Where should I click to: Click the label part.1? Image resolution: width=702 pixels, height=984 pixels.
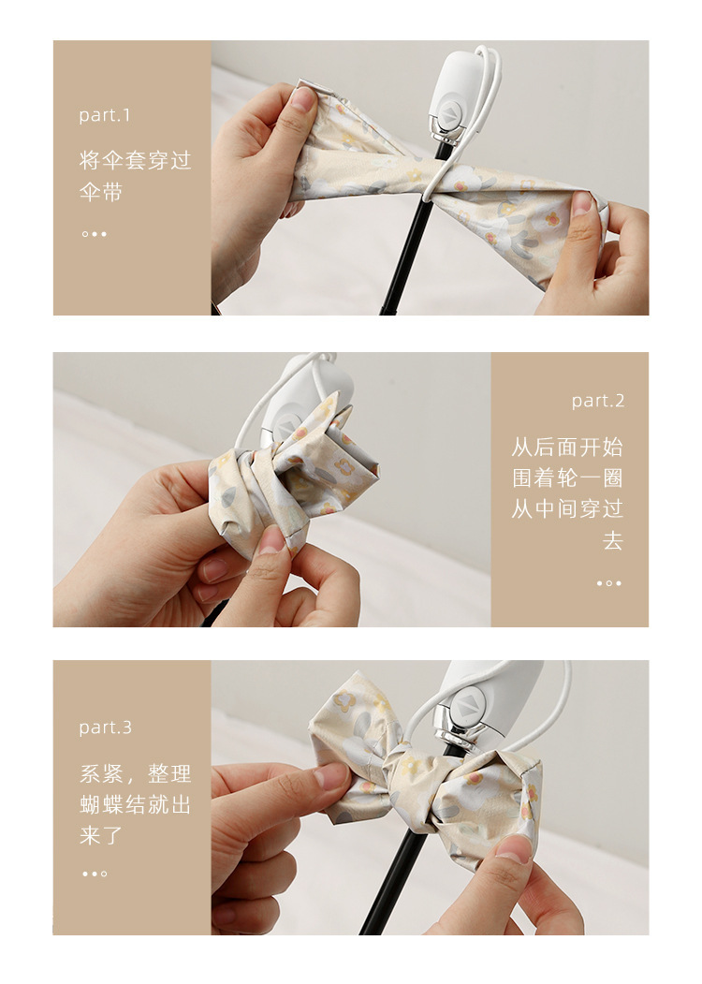pyautogui.click(x=105, y=115)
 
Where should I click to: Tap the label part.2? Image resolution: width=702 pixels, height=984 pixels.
pyautogui.click(x=598, y=401)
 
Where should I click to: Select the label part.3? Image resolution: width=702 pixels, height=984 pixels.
pyautogui.click(x=106, y=727)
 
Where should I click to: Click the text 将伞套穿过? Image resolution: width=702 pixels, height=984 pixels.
pyautogui.click(x=135, y=160)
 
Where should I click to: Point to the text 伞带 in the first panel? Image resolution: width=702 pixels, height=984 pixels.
pyautogui.click(x=101, y=191)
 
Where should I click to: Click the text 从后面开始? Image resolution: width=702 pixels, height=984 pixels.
pyautogui.click(x=567, y=447)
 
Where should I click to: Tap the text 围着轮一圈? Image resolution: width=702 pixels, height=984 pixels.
pyautogui.click(x=567, y=477)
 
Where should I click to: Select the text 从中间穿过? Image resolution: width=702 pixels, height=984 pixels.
pyautogui.click(x=567, y=508)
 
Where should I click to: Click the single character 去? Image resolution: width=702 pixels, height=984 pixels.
pyautogui.click(x=613, y=539)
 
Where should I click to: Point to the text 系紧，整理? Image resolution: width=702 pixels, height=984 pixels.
pyautogui.click(x=135, y=773)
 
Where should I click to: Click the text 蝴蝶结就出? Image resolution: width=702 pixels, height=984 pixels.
pyautogui.click(x=135, y=804)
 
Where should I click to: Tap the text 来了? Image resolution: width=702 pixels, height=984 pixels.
pyautogui.click(x=101, y=835)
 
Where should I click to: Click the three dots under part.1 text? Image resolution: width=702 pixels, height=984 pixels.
pyautogui.click(x=95, y=234)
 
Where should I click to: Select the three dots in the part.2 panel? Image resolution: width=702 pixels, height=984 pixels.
pyautogui.click(x=609, y=583)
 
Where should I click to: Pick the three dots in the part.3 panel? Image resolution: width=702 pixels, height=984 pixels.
pyautogui.click(x=95, y=874)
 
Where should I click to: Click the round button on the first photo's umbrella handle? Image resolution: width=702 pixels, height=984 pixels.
pyautogui.click(x=448, y=114)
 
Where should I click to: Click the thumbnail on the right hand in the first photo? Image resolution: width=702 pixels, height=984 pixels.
pyautogui.click(x=581, y=203)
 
